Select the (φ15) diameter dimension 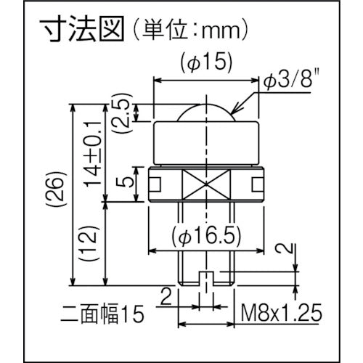pyautogui.click(x=206, y=64)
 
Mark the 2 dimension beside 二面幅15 pyautogui.click(x=165, y=294)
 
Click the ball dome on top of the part pyautogui.click(x=206, y=113)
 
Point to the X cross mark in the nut pyautogui.click(x=206, y=185)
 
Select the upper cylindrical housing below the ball pyautogui.click(x=206, y=141)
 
